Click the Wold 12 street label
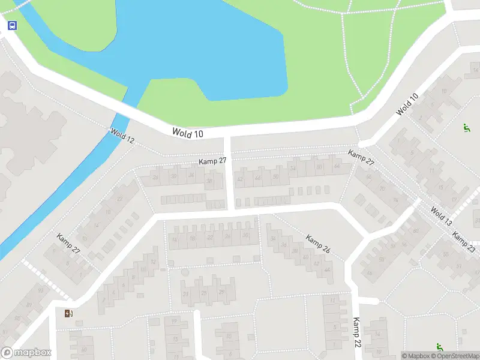122,136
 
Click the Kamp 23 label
463,242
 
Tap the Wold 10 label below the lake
188,133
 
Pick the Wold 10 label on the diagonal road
407,105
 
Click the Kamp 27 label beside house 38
213,161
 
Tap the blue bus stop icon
12,25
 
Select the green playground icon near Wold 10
466,127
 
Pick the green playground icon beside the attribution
440,346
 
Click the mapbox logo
26,353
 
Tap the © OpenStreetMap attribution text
455,356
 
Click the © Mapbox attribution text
416,356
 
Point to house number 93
40,290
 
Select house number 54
293,169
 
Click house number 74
395,200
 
